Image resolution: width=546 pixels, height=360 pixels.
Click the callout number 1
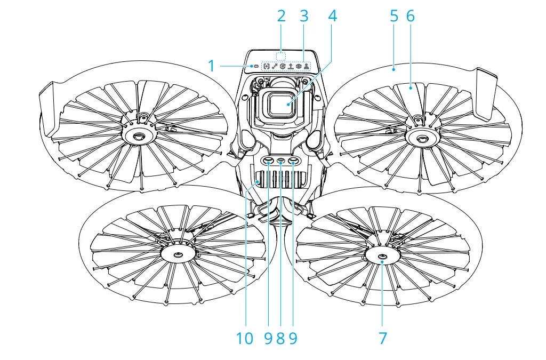tap(211, 66)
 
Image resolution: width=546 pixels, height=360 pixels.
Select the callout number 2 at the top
tap(281, 15)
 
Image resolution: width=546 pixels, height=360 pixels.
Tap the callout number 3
tap(304, 15)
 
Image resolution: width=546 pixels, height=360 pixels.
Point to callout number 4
tap(333, 15)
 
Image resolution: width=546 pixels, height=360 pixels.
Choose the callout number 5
tap(394, 15)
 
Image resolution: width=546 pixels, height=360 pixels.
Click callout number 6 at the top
tap(410, 15)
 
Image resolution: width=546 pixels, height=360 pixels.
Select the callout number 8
tap(280, 338)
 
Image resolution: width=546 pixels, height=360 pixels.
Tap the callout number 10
tap(246, 338)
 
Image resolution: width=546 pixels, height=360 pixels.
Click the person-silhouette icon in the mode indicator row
tap(307, 67)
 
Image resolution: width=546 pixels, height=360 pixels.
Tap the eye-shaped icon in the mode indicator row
tap(299, 67)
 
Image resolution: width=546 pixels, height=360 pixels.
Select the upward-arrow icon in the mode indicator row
tap(291, 67)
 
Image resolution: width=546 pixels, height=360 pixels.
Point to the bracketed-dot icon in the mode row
tap(266, 67)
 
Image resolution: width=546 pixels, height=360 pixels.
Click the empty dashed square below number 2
tap(281, 56)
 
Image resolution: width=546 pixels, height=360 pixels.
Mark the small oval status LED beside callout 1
tap(255, 67)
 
